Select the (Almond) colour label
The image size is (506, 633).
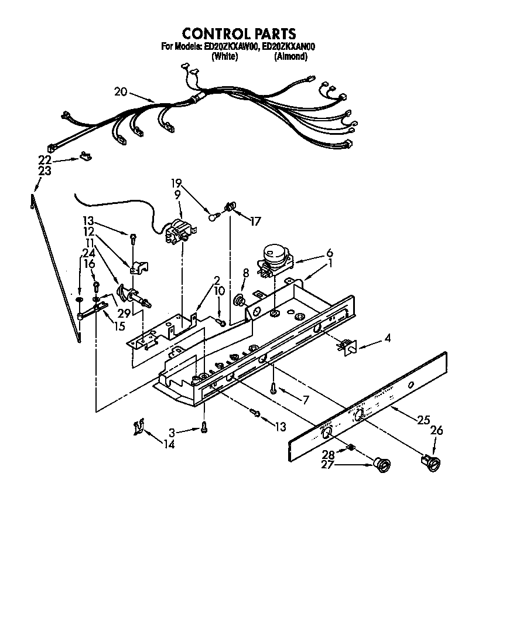coord(290,56)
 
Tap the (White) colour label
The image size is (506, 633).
coord(224,56)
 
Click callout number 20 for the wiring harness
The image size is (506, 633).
coord(121,91)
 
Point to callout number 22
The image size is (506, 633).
coord(45,160)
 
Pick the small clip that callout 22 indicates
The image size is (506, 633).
coord(86,156)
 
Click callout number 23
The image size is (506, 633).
coord(45,171)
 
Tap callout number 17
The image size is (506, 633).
coord(255,221)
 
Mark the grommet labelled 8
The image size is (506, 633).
coord(239,301)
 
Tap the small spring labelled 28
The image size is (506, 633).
coord(351,448)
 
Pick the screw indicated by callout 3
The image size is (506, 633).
coord(203,428)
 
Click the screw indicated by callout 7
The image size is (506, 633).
coord(273,386)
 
